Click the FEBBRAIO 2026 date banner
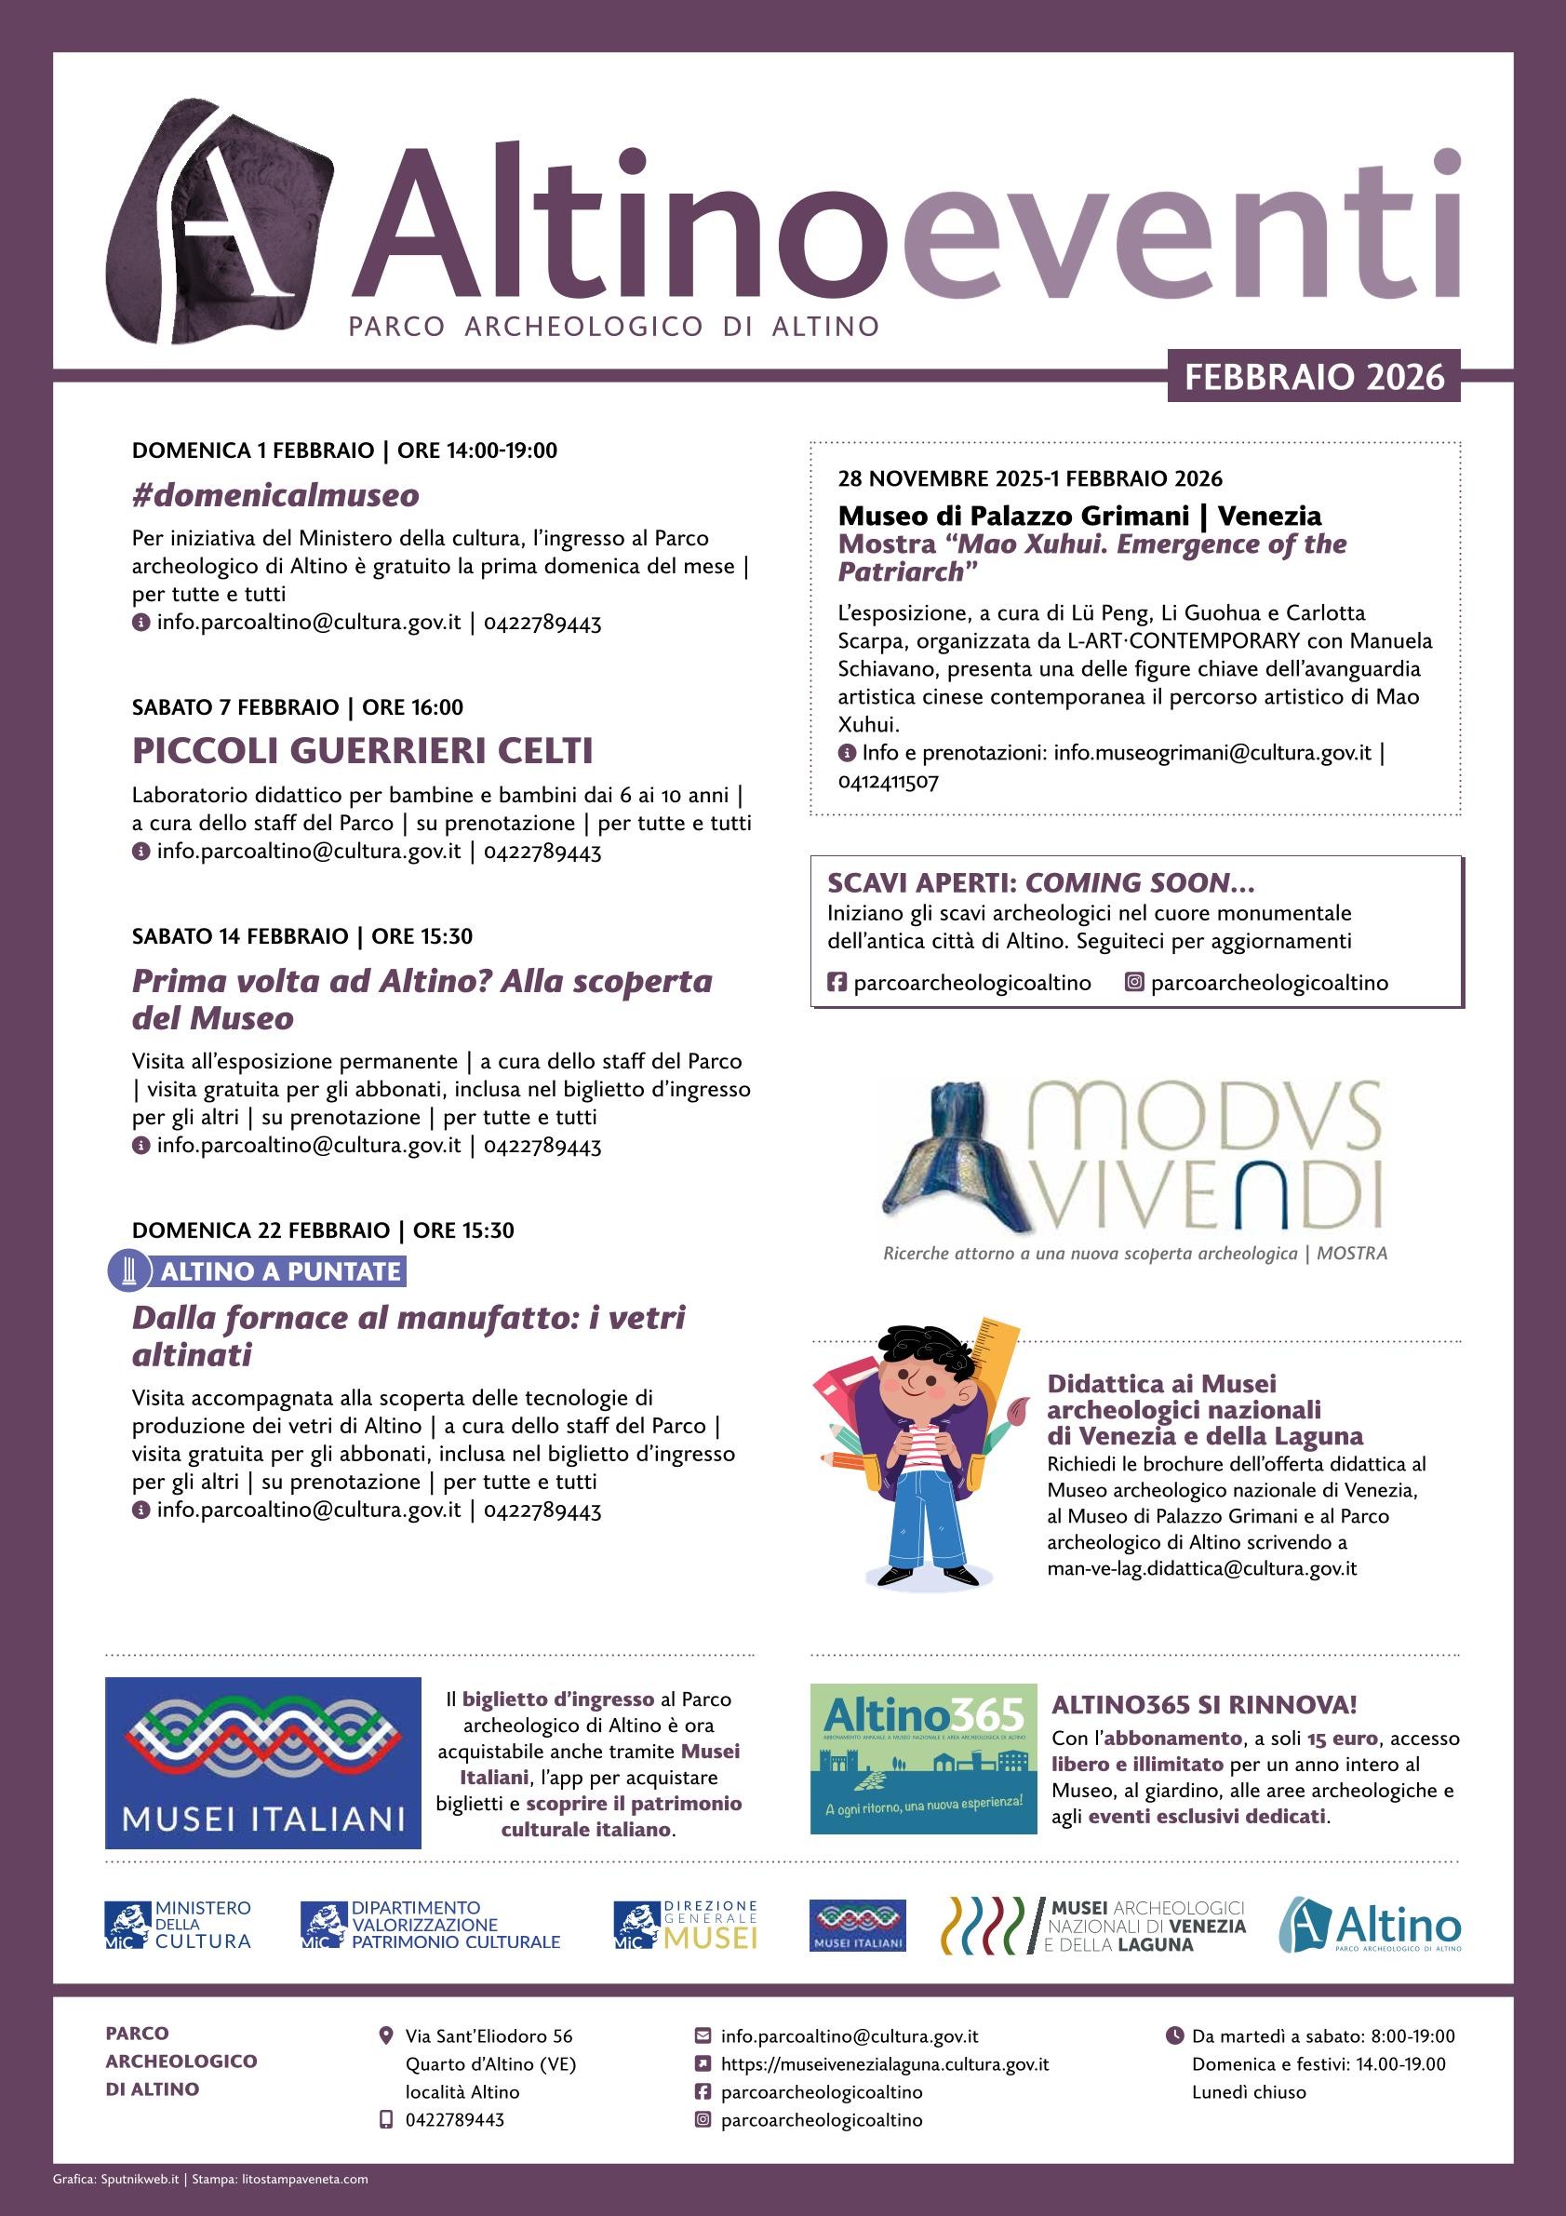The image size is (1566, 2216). point(1313,376)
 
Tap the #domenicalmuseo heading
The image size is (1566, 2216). point(276,495)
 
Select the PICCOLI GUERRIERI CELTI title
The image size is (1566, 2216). point(362,750)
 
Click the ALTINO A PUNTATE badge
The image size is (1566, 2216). point(280,1271)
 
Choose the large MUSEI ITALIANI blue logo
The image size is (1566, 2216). point(262,1763)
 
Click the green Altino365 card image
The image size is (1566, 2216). point(923,1757)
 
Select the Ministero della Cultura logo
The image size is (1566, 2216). point(178,1925)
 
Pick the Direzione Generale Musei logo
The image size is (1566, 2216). point(685,1925)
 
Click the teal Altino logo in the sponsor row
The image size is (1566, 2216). point(1369,1925)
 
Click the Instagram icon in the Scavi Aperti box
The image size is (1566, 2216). point(1134,983)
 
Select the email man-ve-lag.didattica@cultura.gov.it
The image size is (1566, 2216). point(1201,1568)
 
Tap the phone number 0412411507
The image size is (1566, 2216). point(888,781)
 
